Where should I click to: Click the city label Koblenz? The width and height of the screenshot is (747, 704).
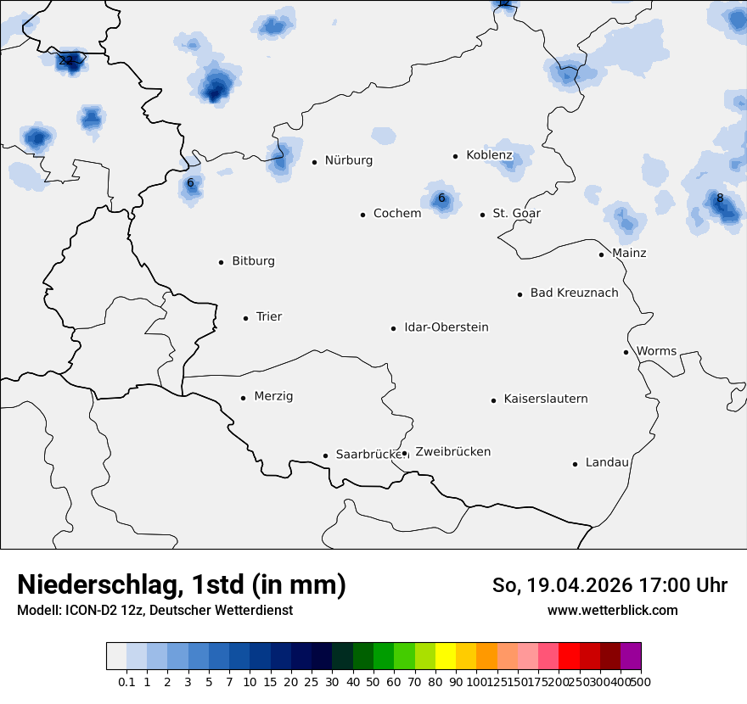(x=489, y=155)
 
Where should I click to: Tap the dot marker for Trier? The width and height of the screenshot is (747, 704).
(x=245, y=318)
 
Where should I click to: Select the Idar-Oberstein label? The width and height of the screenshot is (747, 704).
(x=446, y=327)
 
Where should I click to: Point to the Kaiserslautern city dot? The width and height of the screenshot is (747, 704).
(x=493, y=400)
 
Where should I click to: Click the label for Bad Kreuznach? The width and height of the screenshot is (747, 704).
(x=574, y=293)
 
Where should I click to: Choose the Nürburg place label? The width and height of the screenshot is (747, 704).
(x=348, y=160)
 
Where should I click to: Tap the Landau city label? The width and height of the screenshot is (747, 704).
(x=607, y=462)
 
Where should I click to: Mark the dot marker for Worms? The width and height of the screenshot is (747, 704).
(x=626, y=352)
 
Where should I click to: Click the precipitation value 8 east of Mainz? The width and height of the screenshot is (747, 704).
(x=720, y=198)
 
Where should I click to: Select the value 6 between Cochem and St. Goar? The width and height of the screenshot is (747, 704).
(x=441, y=198)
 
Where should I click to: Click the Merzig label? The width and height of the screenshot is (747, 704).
(x=273, y=396)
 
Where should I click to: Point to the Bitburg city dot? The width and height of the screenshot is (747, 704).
(x=221, y=262)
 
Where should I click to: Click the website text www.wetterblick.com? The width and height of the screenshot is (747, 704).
(x=612, y=610)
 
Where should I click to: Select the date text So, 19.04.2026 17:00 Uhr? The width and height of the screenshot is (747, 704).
(x=609, y=585)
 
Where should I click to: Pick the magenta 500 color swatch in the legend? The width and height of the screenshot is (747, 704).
(x=631, y=657)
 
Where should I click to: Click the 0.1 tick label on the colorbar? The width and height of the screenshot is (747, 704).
(x=126, y=681)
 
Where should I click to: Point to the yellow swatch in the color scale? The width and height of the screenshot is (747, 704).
(x=446, y=657)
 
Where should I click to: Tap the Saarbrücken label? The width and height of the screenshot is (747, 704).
(x=368, y=455)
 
